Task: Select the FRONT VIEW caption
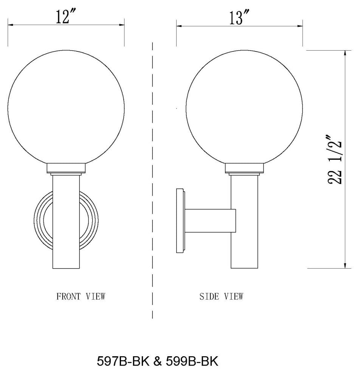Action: coord(81,296)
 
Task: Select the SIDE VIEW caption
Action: coord(221,296)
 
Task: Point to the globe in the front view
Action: coord(67,108)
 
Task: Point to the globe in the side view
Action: coord(244,108)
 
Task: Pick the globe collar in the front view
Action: coord(67,168)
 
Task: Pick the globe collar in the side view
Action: coord(244,168)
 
